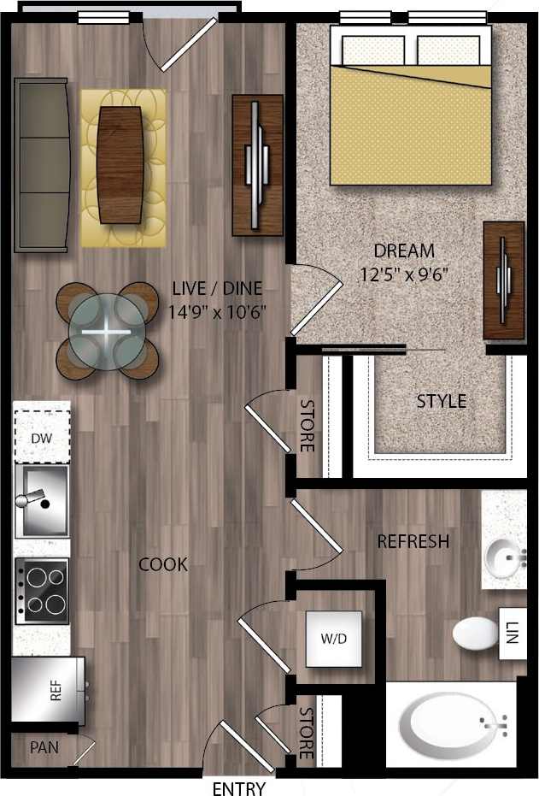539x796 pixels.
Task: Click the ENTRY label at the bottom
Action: click(x=238, y=788)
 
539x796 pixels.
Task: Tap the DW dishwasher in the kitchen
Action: click(x=42, y=438)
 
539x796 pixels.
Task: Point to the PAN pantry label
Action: click(x=44, y=747)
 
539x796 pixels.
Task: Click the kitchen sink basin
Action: click(x=42, y=499)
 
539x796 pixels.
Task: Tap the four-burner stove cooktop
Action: click(x=42, y=590)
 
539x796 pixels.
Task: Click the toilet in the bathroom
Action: click(x=475, y=634)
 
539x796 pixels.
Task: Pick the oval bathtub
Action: click(x=453, y=726)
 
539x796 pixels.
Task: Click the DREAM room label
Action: click(x=404, y=251)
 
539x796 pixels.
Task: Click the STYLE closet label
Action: click(x=441, y=401)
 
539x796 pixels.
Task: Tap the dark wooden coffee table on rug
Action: click(x=120, y=164)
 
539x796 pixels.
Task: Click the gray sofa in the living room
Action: click(x=40, y=164)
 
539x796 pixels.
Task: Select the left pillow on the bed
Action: click(x=373, y=50)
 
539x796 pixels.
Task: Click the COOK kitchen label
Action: click(x=163, y=564)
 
